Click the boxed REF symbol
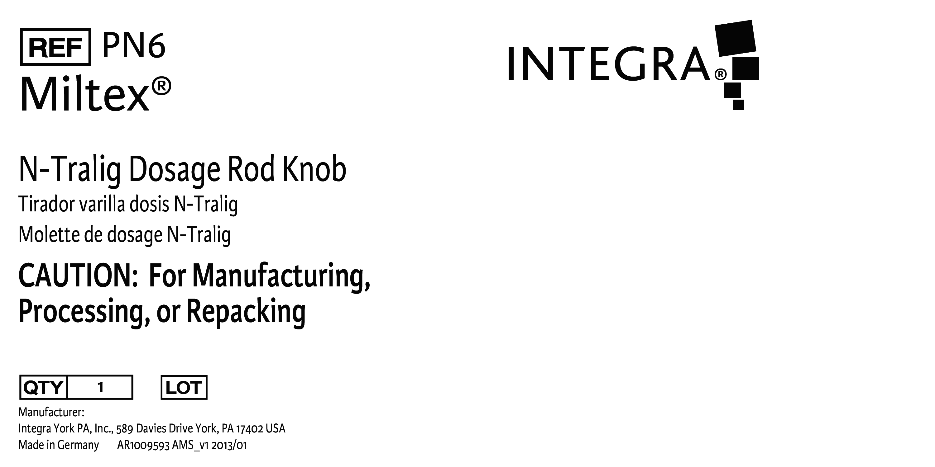pos(55,47)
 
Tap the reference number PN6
pos(134,45)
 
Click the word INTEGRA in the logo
pos(609,63)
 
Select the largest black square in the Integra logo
pos(735,38)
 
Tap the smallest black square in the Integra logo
pos(738,104)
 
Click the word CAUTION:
pos(78,275)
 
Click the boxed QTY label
pos(43,387)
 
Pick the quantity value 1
pos(101,387)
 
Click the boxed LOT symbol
pos(184,387)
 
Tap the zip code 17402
pos(250,429)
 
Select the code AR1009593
pos(143,445)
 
